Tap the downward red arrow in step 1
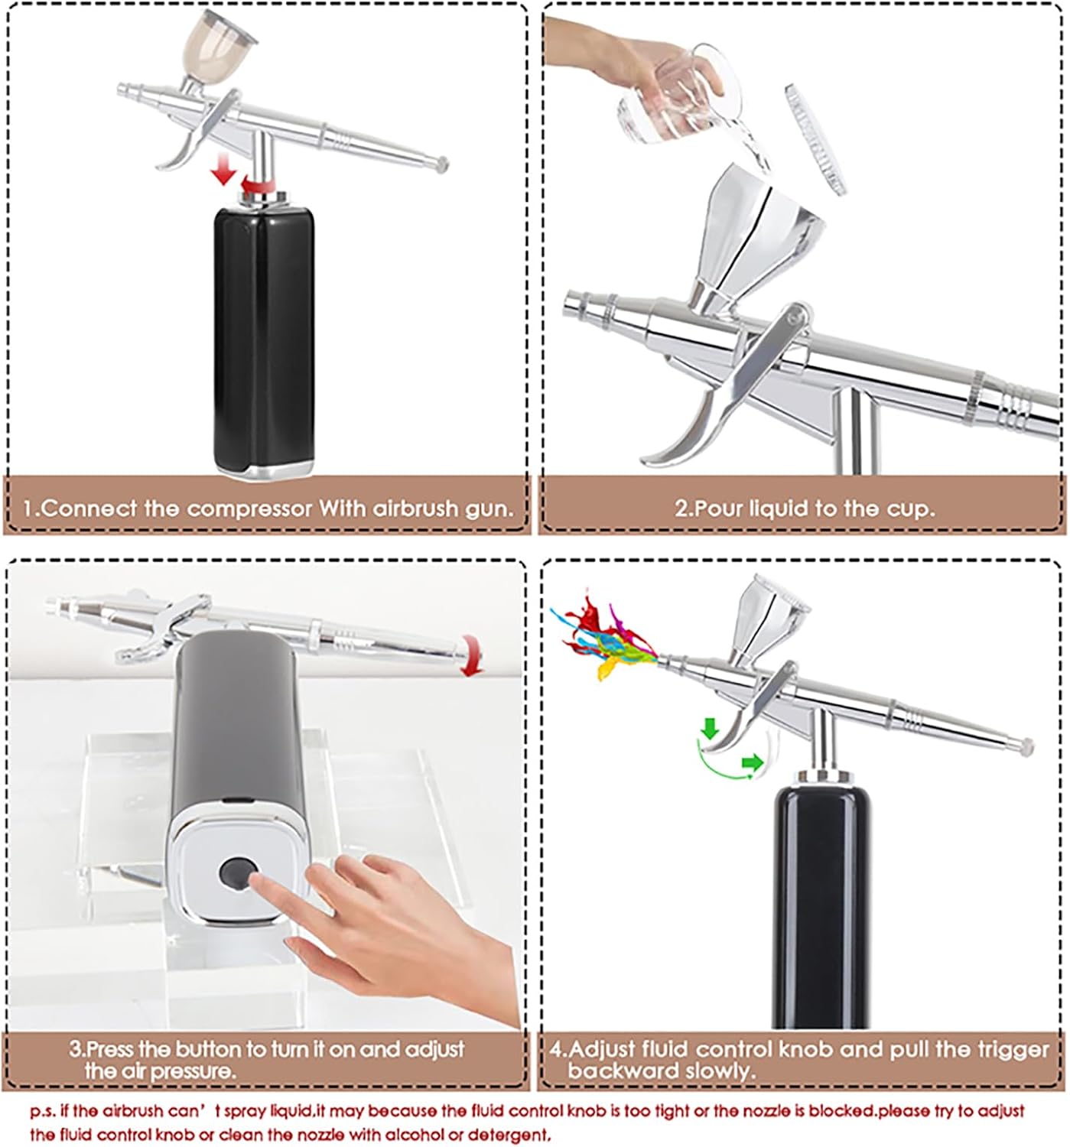coord(223,169)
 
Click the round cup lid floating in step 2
coord(815,138)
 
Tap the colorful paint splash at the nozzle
coord(604,634)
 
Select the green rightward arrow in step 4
coord(753,762)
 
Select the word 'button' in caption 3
coord(210,1049)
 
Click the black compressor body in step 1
coord(264,338)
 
